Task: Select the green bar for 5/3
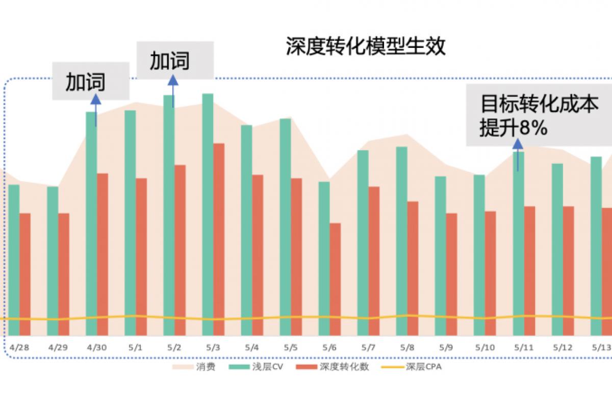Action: click(208, 214)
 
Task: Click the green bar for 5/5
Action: click(285, 226)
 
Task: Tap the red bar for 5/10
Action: click(490, 273)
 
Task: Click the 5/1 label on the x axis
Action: click(136, 348)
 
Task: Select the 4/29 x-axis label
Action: click(58, 348)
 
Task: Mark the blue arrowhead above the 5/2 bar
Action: click(173, 80)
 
